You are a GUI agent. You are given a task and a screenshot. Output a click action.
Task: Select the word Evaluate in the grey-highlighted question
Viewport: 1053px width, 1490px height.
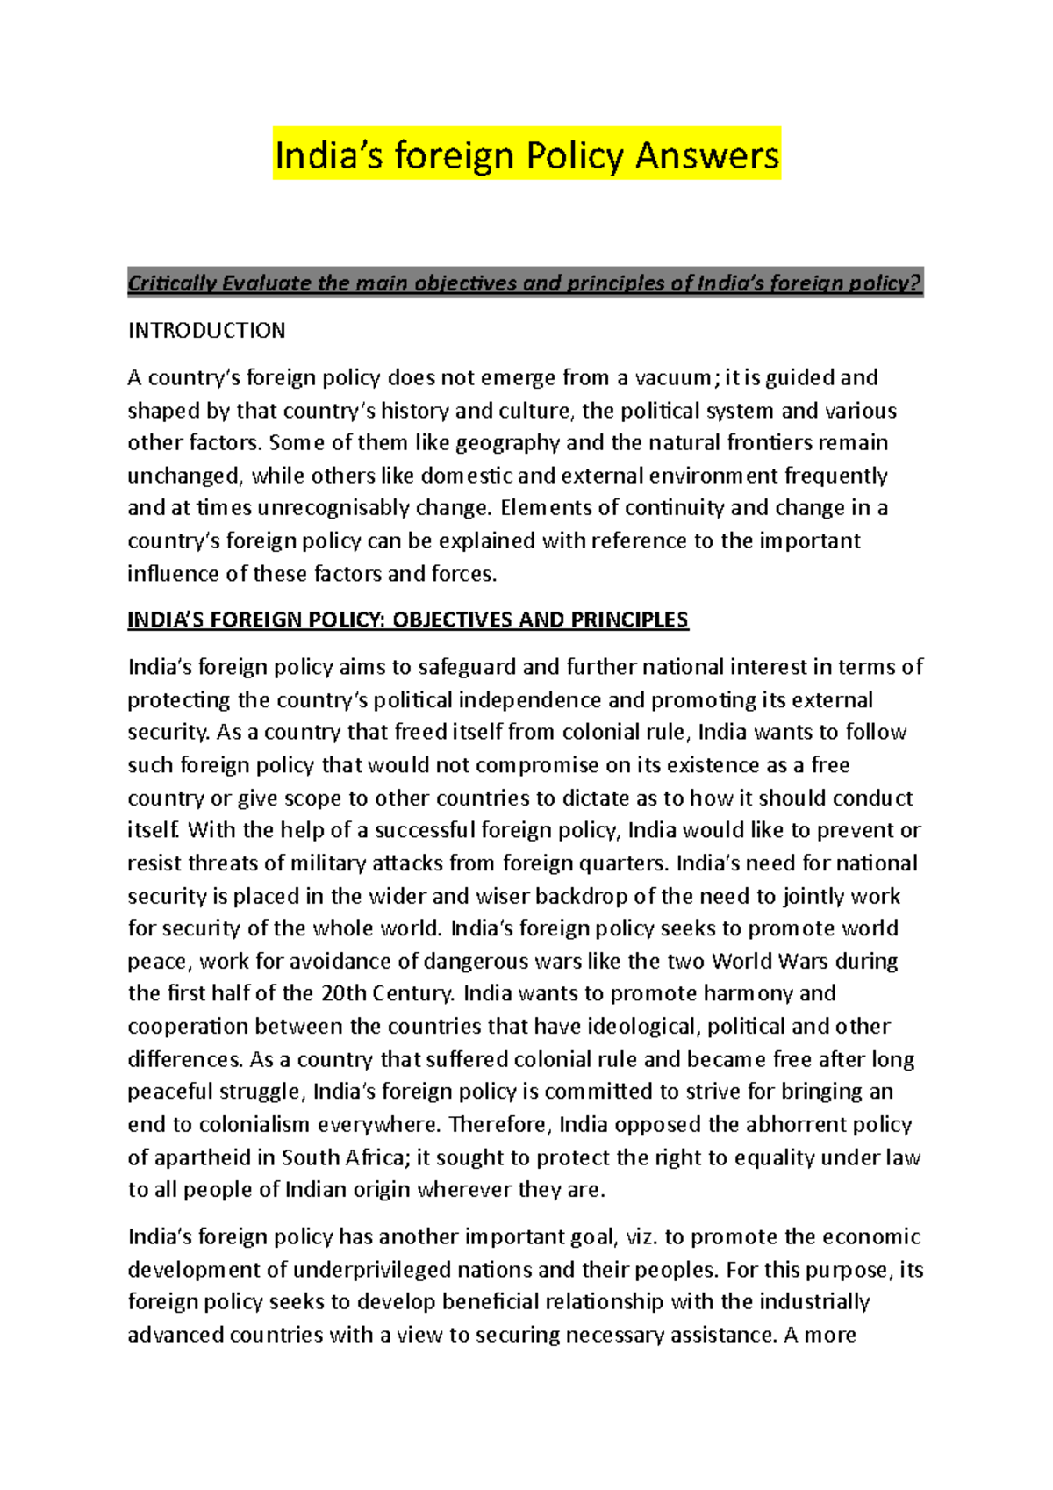click(267, 283)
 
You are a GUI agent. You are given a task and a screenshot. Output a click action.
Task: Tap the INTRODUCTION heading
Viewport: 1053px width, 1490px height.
click(206, 331)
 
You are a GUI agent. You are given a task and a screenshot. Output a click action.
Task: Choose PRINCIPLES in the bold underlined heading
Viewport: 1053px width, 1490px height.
click(629, 620)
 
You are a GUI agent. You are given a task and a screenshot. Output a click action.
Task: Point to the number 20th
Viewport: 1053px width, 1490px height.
click(343, 994)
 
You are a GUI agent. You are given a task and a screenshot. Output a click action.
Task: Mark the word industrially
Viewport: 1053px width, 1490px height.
click(813, 1302)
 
